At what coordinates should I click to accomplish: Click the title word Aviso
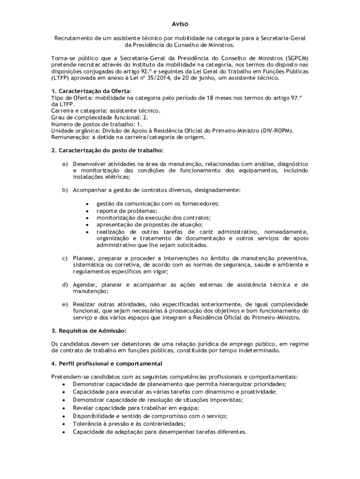point(180,24)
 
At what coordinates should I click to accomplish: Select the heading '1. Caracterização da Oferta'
point(91,91)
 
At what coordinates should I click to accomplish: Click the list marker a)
point(65,164)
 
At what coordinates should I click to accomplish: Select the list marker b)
point(65,190)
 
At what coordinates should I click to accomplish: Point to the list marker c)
point(65,258)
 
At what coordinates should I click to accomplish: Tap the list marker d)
point(65,284)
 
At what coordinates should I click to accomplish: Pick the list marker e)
point(65,304)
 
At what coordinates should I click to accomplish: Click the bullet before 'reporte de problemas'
point(87,211)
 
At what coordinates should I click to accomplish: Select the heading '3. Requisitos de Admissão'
point(89,331)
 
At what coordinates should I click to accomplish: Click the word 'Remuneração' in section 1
point(70,138)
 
